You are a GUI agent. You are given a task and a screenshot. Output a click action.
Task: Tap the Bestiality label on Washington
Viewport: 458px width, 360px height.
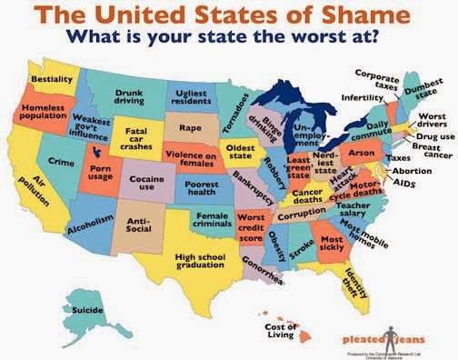(x=52, y=80)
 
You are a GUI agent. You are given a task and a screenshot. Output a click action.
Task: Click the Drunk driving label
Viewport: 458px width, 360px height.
(x=129, y=97)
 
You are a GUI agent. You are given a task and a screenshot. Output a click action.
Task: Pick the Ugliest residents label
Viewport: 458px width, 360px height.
(x=192, y=95)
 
